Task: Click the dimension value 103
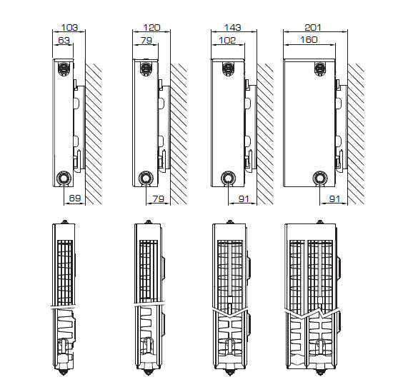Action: [69, 27]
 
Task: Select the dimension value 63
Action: [64, 40]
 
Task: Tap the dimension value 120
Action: [151, 27]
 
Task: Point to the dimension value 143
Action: [232, 27]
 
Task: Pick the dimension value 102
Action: [227, 40]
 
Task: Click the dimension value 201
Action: [313, 27]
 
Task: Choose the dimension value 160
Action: [309, 39]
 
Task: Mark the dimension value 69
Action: [75, 198]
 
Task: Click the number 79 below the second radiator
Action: [158, 198]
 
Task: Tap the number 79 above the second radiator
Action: [146, 40]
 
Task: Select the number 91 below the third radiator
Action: [244, 198]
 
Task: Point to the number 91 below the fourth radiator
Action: [334, 198]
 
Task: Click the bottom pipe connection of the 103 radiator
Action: [63, 178]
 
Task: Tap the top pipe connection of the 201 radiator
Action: [320, 69]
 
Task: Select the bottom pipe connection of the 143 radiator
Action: [228, 178]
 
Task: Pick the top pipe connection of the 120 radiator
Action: [146, 69]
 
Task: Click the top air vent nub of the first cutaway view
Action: [65, 222]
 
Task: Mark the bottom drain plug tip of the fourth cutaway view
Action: [320, 373]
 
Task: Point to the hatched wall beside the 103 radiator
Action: [94, 134]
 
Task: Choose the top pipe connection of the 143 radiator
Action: [228, 69]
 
